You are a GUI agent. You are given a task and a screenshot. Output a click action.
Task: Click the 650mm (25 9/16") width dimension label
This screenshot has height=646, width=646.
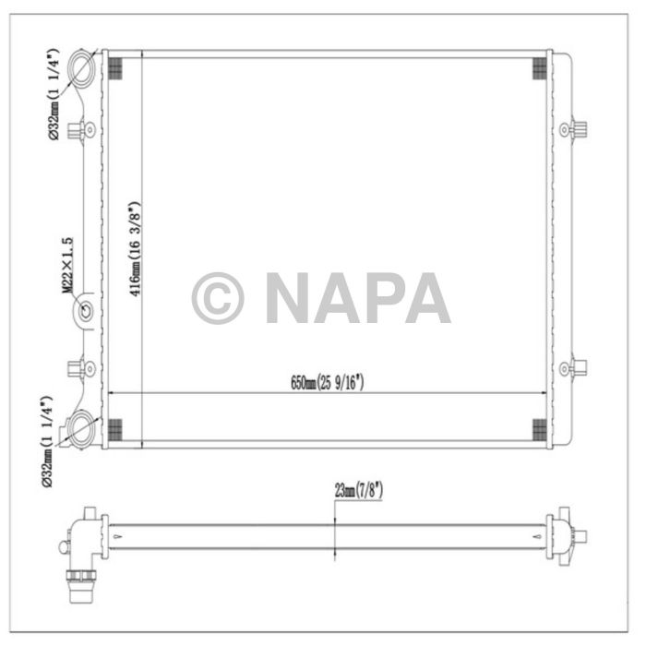tap(328, 382)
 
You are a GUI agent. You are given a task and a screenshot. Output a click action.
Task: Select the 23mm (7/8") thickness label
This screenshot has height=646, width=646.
tap(359, 492)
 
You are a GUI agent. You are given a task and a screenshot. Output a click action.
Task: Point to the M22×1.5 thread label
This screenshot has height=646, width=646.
tap(67, 265)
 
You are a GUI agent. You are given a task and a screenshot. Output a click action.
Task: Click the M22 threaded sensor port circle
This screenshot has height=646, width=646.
tap(85, 311)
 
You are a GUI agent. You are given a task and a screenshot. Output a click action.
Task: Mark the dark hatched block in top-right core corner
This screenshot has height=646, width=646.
tap(539, 67)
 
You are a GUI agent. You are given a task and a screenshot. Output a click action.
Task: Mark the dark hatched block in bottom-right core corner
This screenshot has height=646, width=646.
tap(539, 427)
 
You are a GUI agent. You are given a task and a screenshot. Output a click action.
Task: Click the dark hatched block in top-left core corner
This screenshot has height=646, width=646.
tap(115, 67)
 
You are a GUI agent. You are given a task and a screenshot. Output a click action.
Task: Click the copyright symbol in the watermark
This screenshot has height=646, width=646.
tap(218, 298)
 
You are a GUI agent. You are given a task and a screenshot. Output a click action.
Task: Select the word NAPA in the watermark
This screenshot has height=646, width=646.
tap(358, 298)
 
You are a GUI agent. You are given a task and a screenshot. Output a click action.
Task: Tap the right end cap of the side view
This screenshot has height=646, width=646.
tap(565, 535)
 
